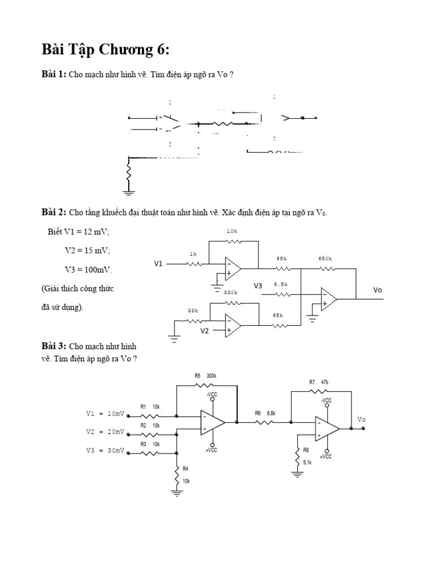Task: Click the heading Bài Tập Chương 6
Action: point(105,50)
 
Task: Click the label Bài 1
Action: point(54,75)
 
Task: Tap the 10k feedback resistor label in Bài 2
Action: point(232,231)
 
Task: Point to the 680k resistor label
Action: point(325,258)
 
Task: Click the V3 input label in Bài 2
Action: point(258,286)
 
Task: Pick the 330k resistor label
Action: point(230,292)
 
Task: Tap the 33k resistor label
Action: point(193,310)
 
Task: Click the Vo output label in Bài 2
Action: point(378,289)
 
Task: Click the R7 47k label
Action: point(319,382)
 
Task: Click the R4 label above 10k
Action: point(186,468)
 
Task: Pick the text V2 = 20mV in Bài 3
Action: point(105,432)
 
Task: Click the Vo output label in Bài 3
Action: point(362,420)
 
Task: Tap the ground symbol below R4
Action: point(177,493)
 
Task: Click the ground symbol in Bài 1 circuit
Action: point(129,193)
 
